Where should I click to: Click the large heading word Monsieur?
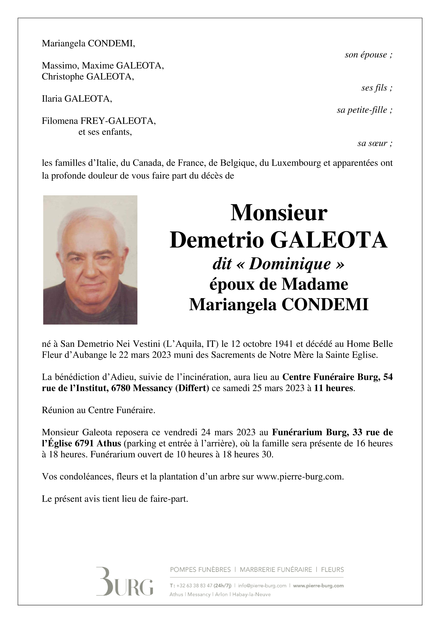(x=279, y=213)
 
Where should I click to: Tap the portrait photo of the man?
(x=90, y=260)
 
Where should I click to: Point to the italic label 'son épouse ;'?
(x=368, y=55)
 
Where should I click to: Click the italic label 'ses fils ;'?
(x=376, y=88)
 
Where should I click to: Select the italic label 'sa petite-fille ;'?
(x=364, y=110)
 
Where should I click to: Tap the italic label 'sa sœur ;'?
(x=375, y=143)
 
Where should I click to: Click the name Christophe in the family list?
(x=63, y=77)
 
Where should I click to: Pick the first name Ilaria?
(x=52, y=99)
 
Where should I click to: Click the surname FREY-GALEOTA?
(x=118, y=121)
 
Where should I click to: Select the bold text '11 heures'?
(x=333, y=388)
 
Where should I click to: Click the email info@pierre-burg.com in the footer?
(x=262, y=586)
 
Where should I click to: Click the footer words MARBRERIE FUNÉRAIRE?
(x=276, y=569)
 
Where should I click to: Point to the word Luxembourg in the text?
(x=296, y=163)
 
